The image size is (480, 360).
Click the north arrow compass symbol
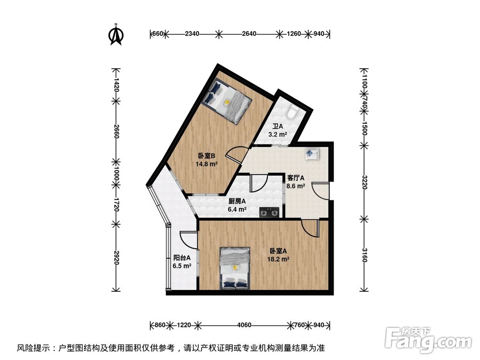(116, 34)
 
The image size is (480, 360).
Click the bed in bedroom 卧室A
(235, 268)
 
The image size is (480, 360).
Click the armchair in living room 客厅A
(312, 154)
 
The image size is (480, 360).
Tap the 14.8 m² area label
(206, 164)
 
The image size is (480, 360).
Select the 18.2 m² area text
(278, 259)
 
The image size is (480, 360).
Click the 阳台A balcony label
(181, 257)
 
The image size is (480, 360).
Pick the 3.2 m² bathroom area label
(277, 135)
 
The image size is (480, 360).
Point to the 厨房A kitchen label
(237, 202)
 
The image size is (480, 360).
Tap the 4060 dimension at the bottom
(244, 325)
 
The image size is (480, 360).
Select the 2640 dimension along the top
(249, 34)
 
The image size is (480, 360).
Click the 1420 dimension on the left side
(115, 85)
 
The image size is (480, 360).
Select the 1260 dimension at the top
(293, 34)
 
